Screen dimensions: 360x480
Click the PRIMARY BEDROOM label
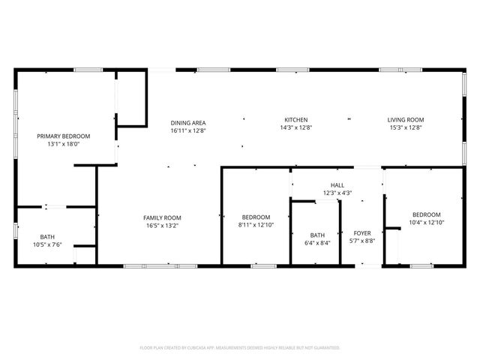[64, 136]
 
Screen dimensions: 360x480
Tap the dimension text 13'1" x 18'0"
[64, 144]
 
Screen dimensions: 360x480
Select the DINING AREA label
[187, 122]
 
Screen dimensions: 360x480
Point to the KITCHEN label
[295, 120]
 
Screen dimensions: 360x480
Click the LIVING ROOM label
[406, 120]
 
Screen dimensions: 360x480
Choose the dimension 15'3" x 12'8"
[406, 128]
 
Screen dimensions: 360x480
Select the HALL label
[337, 184]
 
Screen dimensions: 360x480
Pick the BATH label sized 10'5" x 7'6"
[47, 236]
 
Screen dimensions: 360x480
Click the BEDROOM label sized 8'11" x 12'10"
[256, 217]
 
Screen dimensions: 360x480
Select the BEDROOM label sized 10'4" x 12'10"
[426, 214]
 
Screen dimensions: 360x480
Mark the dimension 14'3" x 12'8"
[295, 128]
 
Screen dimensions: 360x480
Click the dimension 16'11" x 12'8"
[187, 130]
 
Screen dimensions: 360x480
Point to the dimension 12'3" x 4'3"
[337, 193]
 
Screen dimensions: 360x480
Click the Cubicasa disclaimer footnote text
[240, 348]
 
